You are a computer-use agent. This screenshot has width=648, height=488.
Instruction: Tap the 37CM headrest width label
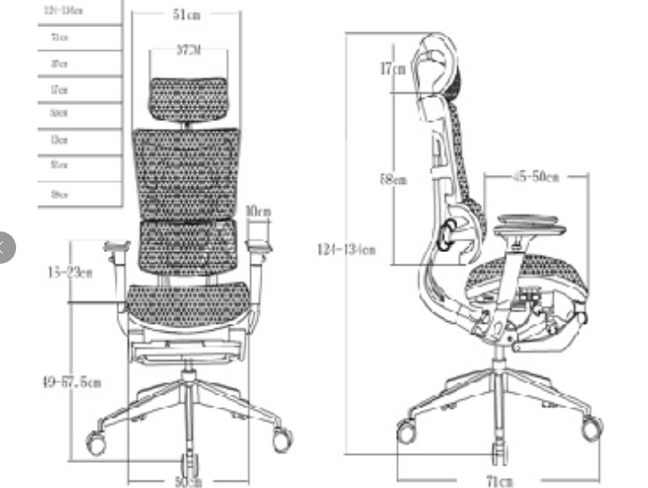(x=188, y=50)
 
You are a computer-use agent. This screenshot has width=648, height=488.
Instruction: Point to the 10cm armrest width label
(x=258, y=211)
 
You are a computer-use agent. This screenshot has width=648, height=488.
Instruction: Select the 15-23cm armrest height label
(x=69, y=273)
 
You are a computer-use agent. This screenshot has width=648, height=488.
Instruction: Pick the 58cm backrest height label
(x=393, y=179)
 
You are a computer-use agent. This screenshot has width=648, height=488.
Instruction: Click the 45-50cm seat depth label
(x=536, y=177)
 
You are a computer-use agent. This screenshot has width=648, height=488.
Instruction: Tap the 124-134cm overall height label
(x=346, y=249)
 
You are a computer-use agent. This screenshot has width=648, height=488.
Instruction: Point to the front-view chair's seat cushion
(x=188, y=301)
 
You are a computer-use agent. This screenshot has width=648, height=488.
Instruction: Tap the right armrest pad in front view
(x=259, y=243)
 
